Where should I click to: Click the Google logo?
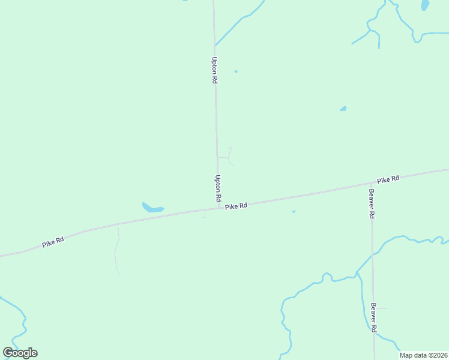pyautogui.click(x=20, y=352)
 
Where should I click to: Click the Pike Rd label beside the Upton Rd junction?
pyautogui.click(x=237, y=206)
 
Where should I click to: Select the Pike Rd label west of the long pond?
pyautogui.click(x=53, y=242)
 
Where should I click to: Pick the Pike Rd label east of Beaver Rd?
pyautogui.click(x=388, y=179)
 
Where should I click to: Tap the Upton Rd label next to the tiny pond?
pyautogui.click(x=214, y=70)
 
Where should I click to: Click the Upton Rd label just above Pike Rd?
pyautogui.click(x=218, y=188)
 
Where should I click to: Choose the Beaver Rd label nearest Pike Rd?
pyautogui.click(x=372, y=203)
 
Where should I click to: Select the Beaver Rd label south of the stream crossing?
pyautogui.click(x=373, y=317)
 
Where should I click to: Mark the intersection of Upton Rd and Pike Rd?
pyautogui.click(x=218, y=209)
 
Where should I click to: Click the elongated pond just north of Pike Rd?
pyautogui.click(x=152, y=208)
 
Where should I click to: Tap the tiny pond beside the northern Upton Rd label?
pyautogui.click(x=236, y=71)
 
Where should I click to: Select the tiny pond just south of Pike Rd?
pyautogui.click(x=294, y=211)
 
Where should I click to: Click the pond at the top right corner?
pyautogui.click(x=425, y=5)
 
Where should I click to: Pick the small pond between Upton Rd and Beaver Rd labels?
pyautogui.click(x=343, y=109)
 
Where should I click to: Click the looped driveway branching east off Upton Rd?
pyautogui.click(x=229, y=155)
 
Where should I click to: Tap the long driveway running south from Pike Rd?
pyautogui.click(x=117, y=249)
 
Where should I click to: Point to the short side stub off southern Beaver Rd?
pyautogui.click(x=381, y=308)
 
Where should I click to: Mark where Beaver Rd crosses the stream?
pyautogui.click(x=372, y=254)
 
